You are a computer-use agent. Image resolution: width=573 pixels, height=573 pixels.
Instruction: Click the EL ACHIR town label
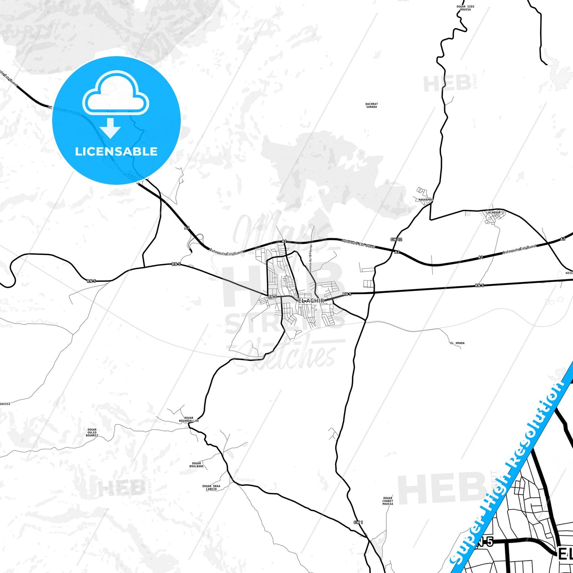point(311,301)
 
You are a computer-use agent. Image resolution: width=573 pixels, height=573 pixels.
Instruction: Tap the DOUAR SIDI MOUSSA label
point(465,8)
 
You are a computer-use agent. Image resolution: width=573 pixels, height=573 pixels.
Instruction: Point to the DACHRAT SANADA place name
point(372,105)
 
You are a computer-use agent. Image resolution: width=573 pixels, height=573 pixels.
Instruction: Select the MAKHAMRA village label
point(425,199)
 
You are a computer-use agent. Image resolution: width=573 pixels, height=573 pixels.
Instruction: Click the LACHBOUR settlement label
point(494,213)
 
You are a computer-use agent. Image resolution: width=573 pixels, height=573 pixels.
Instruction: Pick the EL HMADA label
point(457,343)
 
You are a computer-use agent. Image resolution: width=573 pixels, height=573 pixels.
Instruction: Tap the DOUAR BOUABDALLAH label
point(189,419)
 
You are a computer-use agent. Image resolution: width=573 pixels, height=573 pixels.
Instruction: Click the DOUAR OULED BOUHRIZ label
point(92,432)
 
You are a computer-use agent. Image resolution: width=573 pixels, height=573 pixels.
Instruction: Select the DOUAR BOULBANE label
point(197,465)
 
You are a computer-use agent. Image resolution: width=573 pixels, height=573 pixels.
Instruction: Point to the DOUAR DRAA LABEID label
point(211,488)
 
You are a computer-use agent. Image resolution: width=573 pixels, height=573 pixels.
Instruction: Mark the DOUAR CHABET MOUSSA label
point(388,501)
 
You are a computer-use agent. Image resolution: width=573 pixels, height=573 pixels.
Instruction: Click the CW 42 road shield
point(396,240)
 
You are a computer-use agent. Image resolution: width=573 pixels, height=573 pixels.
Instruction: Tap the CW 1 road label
point(358,522)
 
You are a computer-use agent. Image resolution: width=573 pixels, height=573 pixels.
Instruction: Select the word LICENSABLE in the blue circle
point(116,151)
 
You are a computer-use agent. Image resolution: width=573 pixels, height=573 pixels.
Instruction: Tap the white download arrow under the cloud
point(110,128)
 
